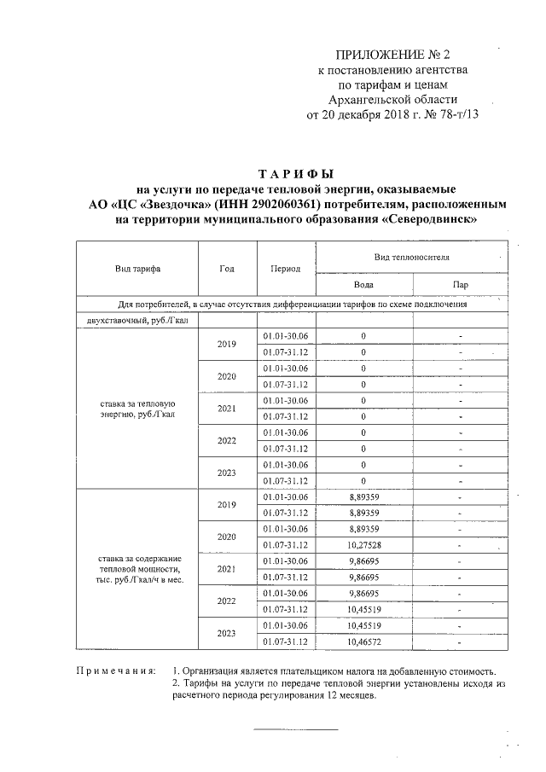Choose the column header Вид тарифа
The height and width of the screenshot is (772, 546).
point(137,268)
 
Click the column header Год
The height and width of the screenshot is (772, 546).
point(226,268)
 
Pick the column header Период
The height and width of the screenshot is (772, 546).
point(285,268)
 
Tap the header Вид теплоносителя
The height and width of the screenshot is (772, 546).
point(411,256)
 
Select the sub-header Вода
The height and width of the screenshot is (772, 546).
point(363,285)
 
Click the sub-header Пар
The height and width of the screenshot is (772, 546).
point(460,285)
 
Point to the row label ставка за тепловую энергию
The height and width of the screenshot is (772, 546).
point(137,408)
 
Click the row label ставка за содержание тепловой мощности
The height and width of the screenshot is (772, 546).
point(137,568)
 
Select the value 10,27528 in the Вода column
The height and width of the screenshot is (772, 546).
point(364,544)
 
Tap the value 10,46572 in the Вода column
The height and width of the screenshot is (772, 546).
point(364,641)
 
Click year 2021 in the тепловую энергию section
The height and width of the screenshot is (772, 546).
point(226,408)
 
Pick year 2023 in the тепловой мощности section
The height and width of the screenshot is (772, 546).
point(226,632)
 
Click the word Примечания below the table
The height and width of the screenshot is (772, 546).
point(116,671)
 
